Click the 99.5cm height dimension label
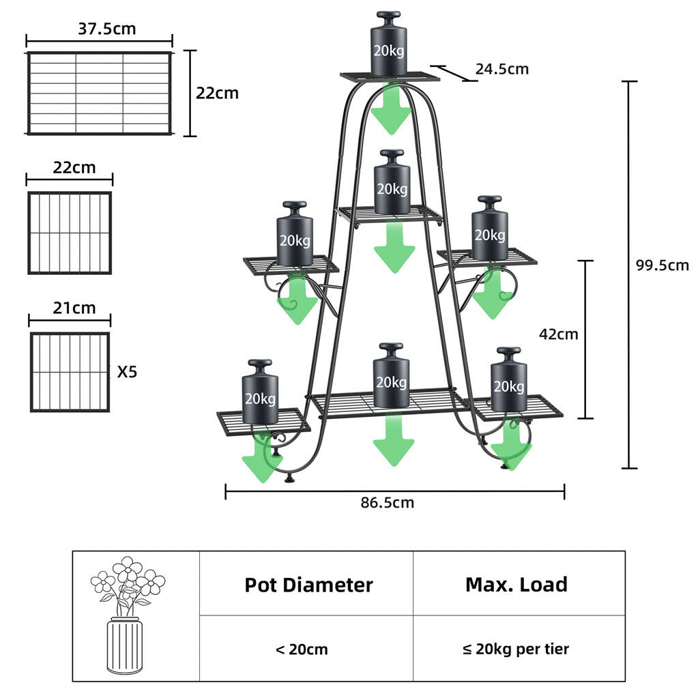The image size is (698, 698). [x=662, y=265]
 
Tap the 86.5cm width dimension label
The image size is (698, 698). [x=387, y=503]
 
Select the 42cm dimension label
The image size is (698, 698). [x=558, y=334]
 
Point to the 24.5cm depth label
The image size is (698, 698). [x=501, y=69]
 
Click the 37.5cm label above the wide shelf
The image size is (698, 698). [x=107, y=29]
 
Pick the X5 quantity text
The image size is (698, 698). [x=127, y=373]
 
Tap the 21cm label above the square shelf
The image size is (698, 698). [x=74, y=308]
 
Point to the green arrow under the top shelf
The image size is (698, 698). [x=391, y=109]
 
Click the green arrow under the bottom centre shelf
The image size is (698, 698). [x=393, y=440]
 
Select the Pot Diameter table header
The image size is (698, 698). [x=308, y=585]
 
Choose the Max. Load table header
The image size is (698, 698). [x=516, y=585]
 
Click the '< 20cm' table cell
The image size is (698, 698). [x=302, y=649]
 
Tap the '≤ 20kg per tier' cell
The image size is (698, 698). [x=516, y=649]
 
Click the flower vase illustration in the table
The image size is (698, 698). [x=127, y=615]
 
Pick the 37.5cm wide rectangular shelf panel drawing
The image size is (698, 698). [x=99, y=93]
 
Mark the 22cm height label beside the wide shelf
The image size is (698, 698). [x=217, y=93]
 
